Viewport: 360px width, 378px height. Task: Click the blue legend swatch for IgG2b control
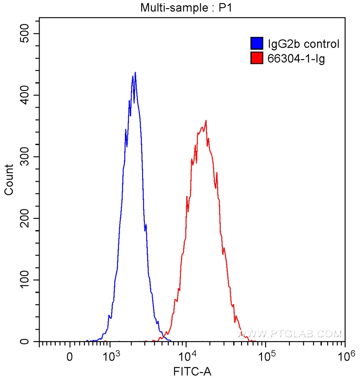pyautogui.click(x=257, y=43)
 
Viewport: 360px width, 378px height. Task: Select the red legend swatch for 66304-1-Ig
pyautogui.click(x=257, y=58)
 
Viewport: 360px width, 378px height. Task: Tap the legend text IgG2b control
pyautogui.click(x=303, y=44)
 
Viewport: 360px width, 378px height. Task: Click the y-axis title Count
pyautogui.click(x=9, y=180)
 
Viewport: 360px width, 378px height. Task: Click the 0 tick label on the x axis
pyautogui.click(x=69, y=357)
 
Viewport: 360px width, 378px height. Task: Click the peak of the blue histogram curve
pyautogui.click(x=135, y=73)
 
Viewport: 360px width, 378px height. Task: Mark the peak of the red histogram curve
pyautogui.click(x=206, y=121)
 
